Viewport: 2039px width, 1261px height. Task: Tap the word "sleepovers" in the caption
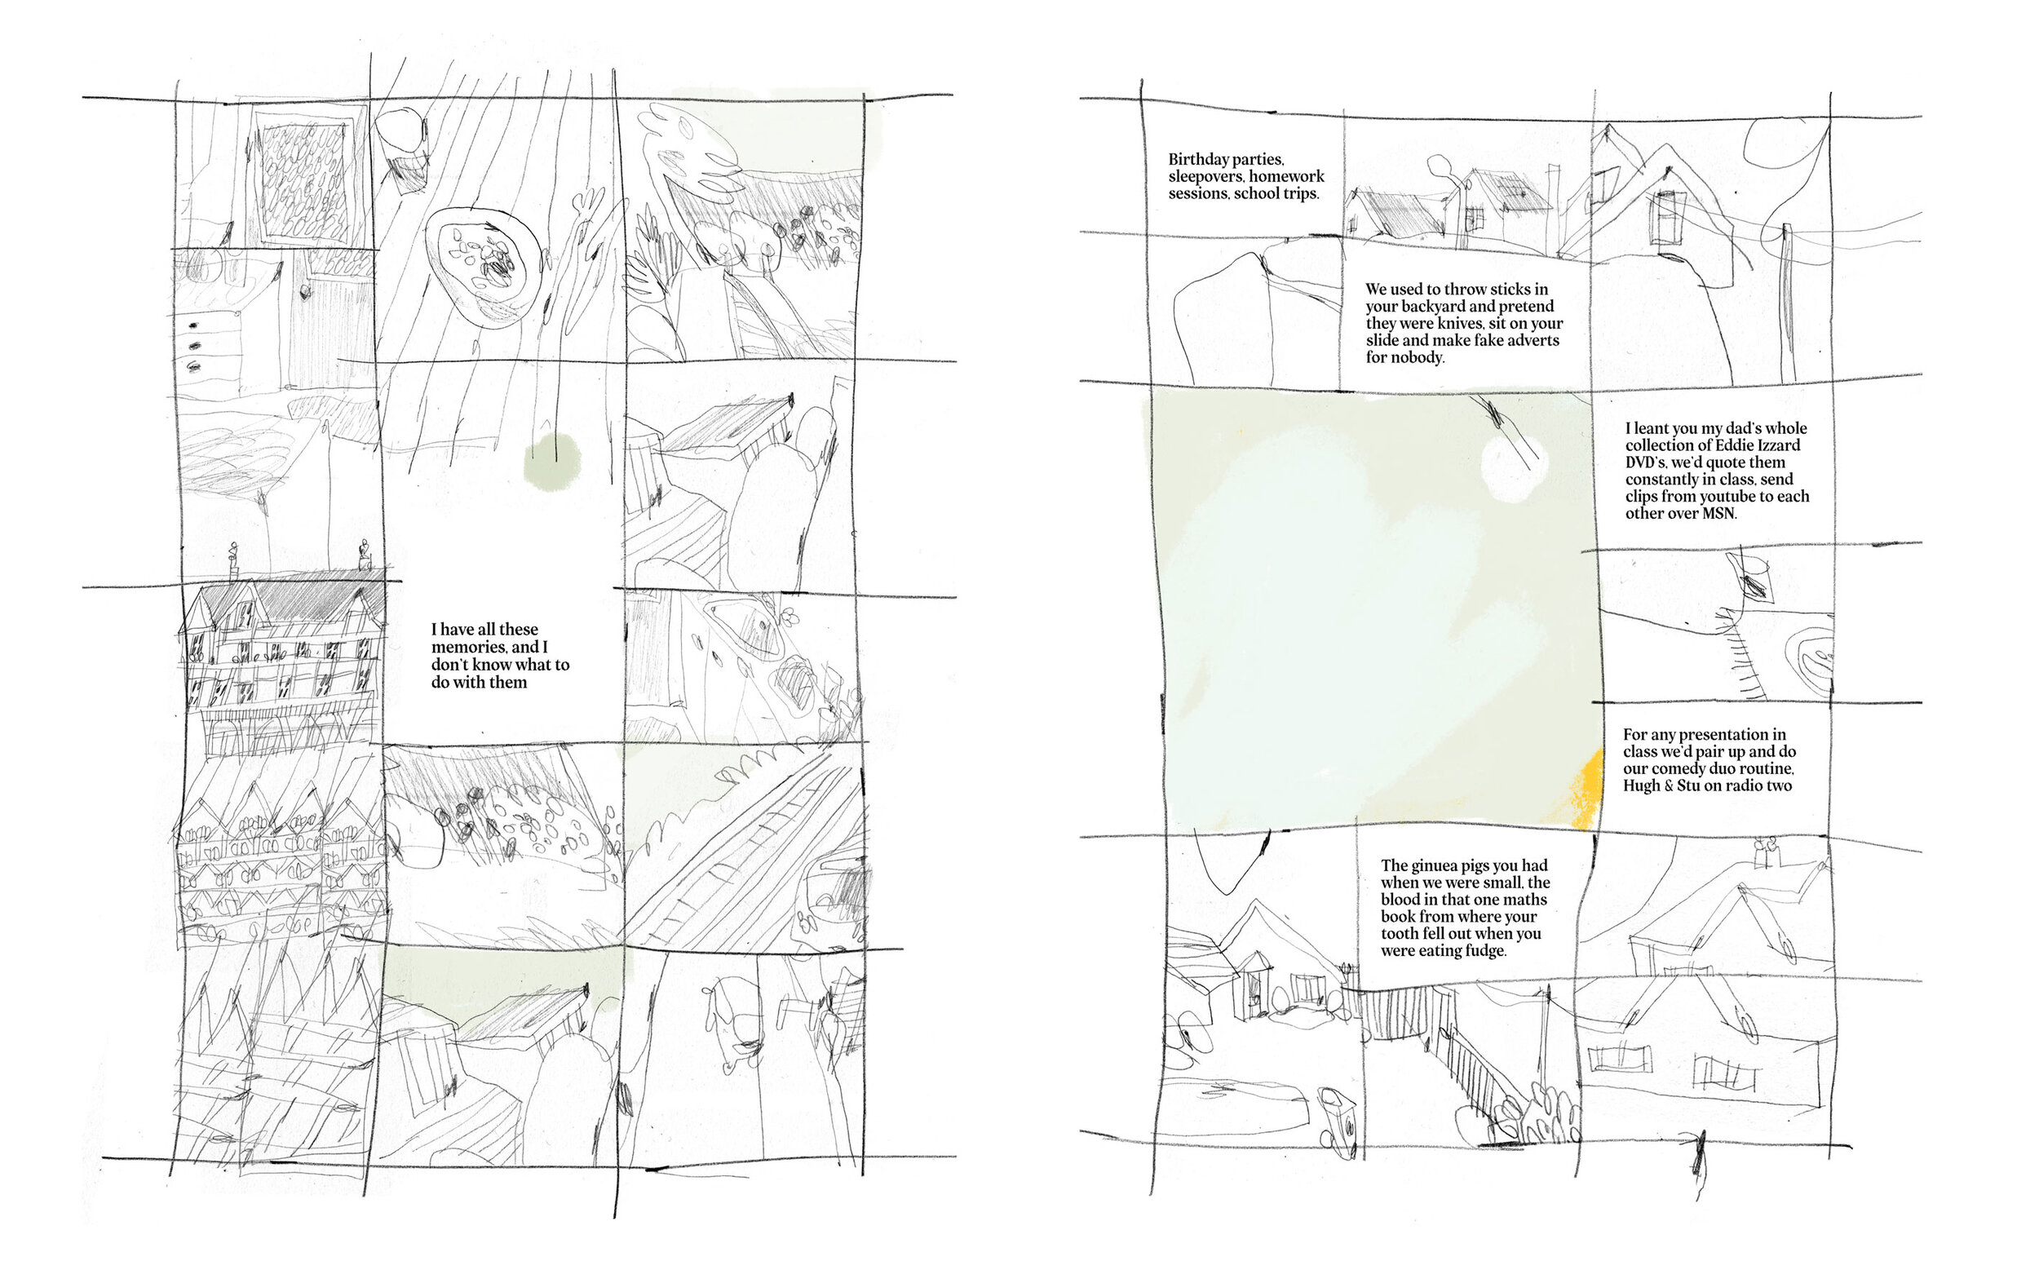(1204, 177)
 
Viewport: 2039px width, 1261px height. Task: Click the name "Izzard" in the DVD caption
(1776, 445)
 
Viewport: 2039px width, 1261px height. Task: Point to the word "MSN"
(1717, 514)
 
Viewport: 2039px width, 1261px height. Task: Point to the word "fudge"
(1486, 951)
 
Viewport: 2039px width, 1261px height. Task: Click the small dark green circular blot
(552, 460)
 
